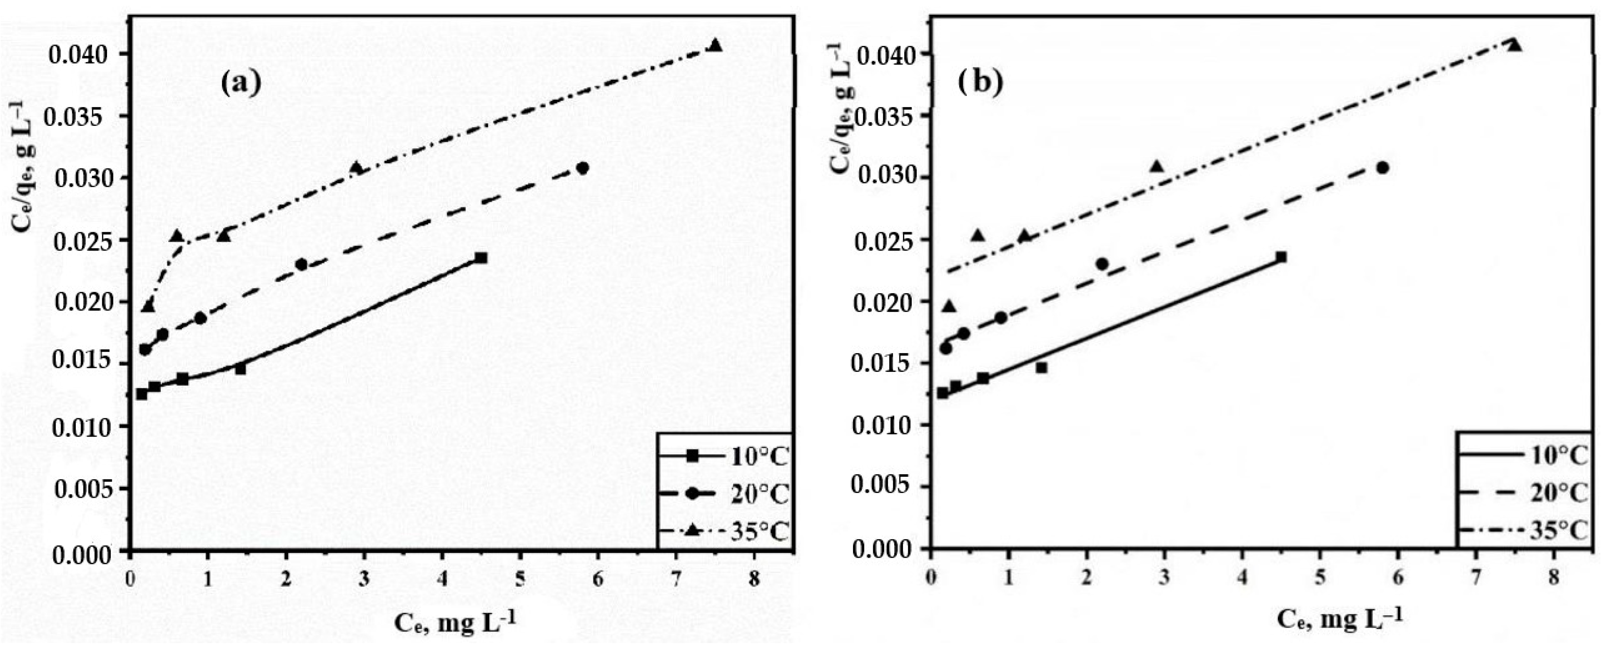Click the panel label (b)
tap(982, 83)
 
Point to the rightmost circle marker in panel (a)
tap(583, 168)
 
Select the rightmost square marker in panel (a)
tap(481, 258)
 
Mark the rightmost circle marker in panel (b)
tap(1383, 168)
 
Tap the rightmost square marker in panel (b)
tap(1281, 257)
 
